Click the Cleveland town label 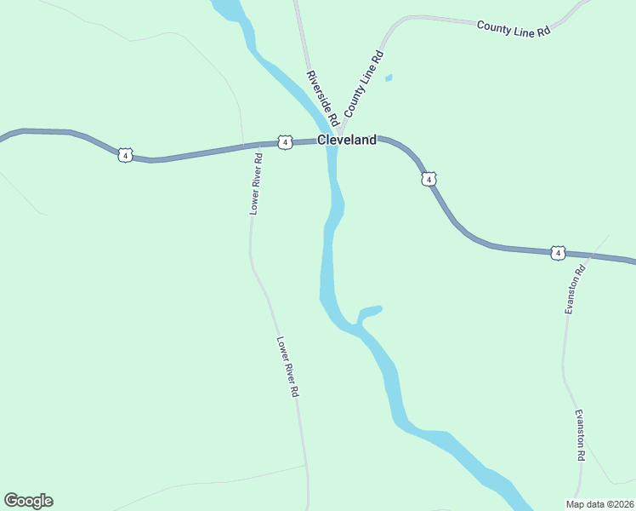pos(346,141)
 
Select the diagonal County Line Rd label pos(365,83)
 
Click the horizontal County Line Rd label pos(514,28)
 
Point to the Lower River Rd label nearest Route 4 pos(256,181)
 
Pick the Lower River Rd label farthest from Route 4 pos(288,367)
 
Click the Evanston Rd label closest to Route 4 pos(575,290)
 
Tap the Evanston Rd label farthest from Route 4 pos(581,435)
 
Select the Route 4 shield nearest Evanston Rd pos(557,253)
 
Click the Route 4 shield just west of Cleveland pos(285,141)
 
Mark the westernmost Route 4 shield pos(125,155)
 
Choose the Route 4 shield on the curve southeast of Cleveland pos(429,179)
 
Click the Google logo pos(28,501)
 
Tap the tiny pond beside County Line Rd pos(389,78)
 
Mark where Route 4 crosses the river pos(332,142)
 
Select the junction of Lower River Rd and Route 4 pos(258,145)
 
